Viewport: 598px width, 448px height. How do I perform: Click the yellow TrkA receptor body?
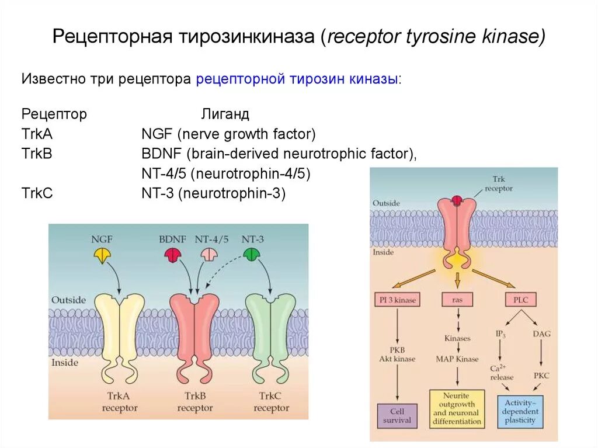119,327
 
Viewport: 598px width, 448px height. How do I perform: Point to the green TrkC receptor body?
270,327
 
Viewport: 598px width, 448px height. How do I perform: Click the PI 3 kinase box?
397,300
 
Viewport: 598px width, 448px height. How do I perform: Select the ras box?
457,300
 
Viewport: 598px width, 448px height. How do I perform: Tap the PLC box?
519,300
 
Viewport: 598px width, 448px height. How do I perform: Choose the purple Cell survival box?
397,415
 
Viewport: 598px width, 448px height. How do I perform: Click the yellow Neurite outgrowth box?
457,408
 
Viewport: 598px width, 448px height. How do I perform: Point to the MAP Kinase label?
457,359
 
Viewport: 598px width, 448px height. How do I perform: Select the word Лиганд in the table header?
225,114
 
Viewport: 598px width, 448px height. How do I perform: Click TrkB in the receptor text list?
37,154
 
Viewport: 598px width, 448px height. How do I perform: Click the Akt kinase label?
397,359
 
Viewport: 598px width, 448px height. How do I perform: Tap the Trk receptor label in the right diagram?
498,184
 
